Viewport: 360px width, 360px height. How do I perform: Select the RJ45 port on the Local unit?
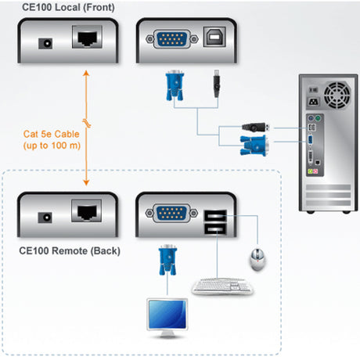click(85, 37)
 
